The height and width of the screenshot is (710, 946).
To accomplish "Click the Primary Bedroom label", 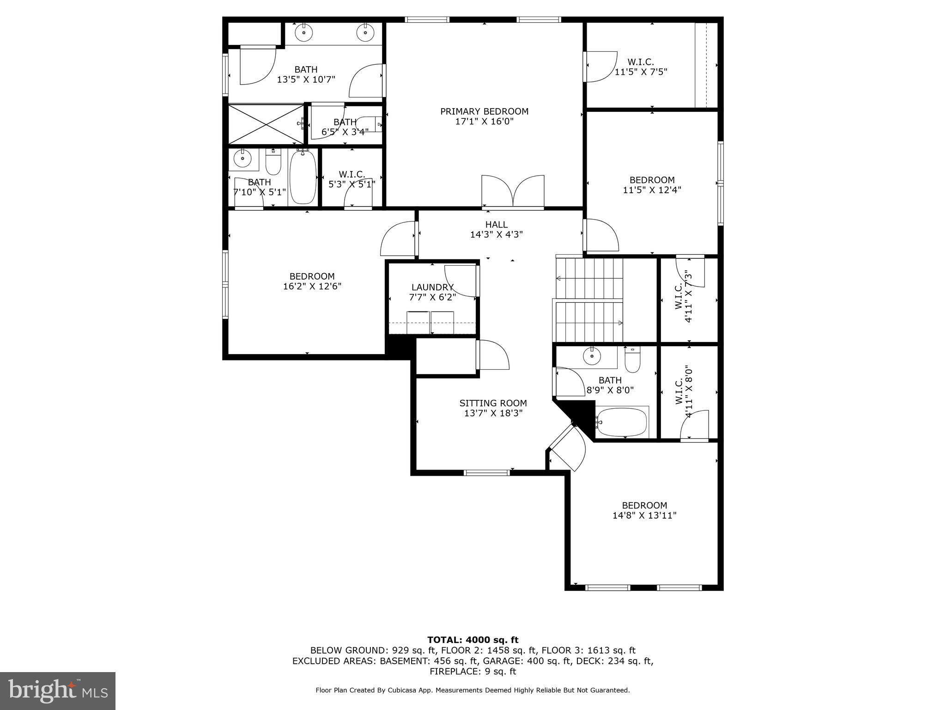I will [484, 111].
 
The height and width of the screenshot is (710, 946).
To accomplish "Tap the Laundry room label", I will [432, 287].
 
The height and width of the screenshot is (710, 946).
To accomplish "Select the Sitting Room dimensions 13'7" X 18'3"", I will [493, 413].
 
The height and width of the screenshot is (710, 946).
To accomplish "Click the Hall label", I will [496, 225].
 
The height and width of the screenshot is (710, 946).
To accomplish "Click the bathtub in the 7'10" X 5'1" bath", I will [303, 177].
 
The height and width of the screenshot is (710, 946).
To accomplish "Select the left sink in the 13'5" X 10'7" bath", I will [304, 32].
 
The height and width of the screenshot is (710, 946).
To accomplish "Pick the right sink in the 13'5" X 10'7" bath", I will [365, 32].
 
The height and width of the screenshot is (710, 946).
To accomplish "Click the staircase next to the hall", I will [588, 300].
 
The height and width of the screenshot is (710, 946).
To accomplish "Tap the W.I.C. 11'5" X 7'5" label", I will [641, 67].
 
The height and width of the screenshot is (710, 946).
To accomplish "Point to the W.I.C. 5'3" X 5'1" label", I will [352, 179].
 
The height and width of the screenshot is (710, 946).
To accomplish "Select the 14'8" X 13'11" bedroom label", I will [644, 510].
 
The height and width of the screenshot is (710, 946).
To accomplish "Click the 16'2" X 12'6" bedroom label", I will [312, 281].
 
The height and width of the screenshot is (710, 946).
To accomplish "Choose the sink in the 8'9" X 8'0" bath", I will [592, 356].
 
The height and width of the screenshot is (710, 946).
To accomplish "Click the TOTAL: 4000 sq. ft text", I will [473, 640].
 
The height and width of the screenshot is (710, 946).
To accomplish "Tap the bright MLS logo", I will [58, 691].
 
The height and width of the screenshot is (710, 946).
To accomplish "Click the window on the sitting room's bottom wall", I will [486, 472].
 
